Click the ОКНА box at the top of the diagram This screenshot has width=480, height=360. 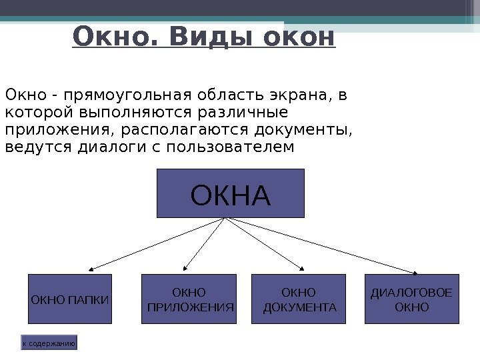tap(230, 193)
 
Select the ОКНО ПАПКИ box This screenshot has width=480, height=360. tap(70, 299)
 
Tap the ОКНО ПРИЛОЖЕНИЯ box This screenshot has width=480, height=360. tap(189, 299)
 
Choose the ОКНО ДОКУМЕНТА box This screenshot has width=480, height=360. tap(299, 299)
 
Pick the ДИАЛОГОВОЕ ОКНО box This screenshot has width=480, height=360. tap(412, 299)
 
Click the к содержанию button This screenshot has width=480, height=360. tap(49, 343)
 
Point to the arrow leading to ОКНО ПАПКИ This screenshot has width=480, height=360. tap(157, 244)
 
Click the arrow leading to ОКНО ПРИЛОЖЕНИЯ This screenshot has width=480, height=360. tap(204, 244)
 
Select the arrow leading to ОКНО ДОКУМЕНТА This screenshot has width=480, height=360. tap(265, 244)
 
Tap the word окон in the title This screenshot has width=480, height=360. tap(299, 37)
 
